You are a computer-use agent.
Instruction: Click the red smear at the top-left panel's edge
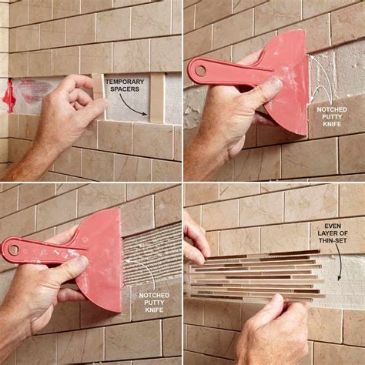9,94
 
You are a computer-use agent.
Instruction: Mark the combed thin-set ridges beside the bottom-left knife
150,254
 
